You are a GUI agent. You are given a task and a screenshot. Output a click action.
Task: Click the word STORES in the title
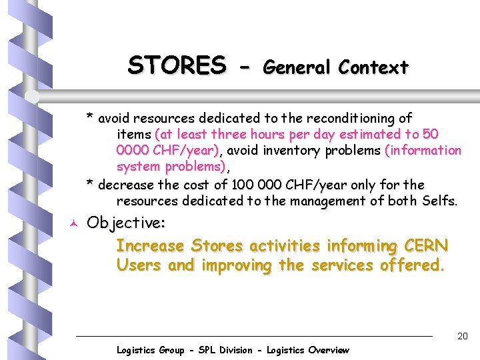(x=177, y=65)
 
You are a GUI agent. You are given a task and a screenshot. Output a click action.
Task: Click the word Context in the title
(x=373, y=67)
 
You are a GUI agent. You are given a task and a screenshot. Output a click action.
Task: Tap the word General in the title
(x=298, y=67)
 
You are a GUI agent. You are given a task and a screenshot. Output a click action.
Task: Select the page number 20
(x=462, y=337)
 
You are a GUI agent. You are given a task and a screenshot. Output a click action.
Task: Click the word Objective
(x=126, y=222)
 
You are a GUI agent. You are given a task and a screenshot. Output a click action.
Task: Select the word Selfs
(x=439, y=201)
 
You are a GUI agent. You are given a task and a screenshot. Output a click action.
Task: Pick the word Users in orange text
(x=139, y=265)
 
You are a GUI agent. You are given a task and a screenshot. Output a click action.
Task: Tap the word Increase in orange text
(x=151, y=246)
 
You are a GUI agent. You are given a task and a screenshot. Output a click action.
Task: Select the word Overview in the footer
(x=325, y=350)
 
